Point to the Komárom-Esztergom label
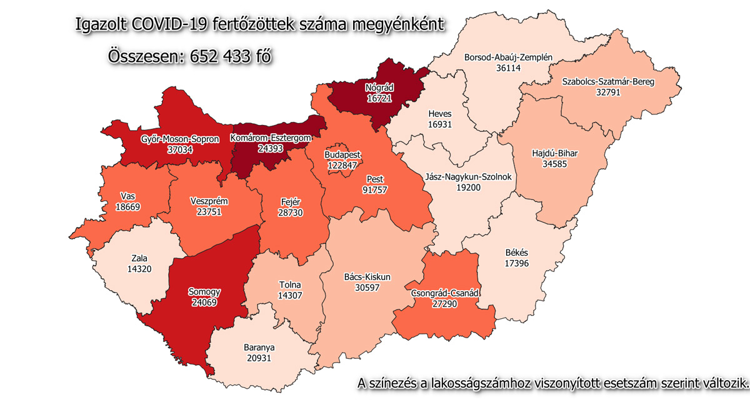[271, 136]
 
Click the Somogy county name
[204, 291]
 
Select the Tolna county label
[289, 285]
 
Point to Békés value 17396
[516, 264]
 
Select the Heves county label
[440, 114]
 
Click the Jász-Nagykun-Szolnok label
[468, 176]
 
